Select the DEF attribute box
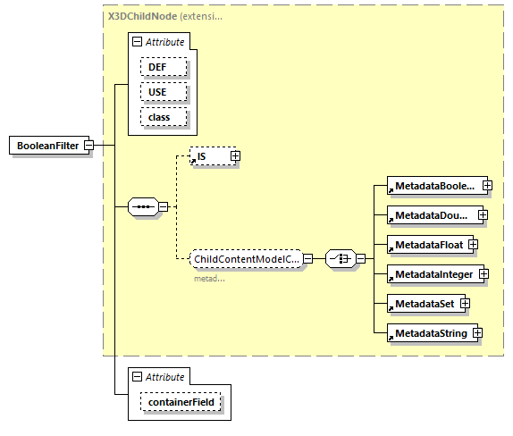[163, 67]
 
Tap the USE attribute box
[163, 92]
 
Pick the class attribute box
[163, 117]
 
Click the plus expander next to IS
[235, 156]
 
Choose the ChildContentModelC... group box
[245, 259]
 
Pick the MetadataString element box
[428, 333]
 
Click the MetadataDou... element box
[430, 214]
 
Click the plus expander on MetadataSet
[465, 304]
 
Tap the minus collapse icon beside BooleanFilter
[90, 146]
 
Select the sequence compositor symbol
[144, 207]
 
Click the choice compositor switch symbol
[341, 259]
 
